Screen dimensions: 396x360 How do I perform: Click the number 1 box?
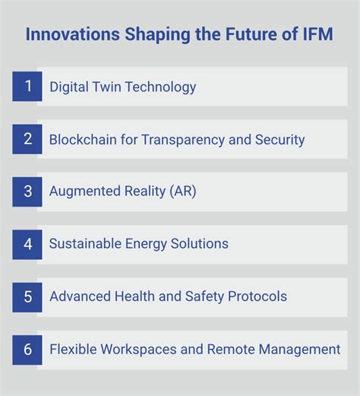point(27,87)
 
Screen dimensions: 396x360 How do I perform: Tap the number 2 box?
point(27,139)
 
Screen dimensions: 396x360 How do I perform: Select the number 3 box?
point(27,192)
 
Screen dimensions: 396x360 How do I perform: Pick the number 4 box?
point(27,244)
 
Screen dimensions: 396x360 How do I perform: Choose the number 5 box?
point(27,296)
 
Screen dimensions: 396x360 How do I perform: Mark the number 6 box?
point(27,349)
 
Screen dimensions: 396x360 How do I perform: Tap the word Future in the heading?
point(246,35)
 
